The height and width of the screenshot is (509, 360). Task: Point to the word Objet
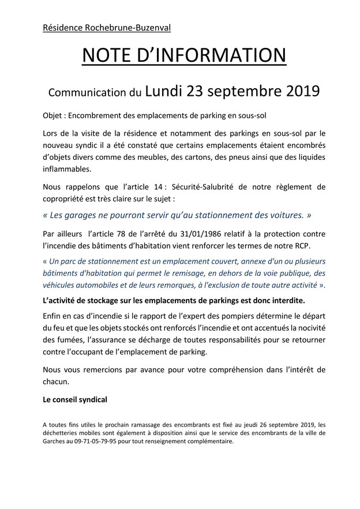pyautogui.click(x=54, y=114)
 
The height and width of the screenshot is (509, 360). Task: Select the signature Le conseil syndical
pyautogui.click(x=74, y=399)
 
